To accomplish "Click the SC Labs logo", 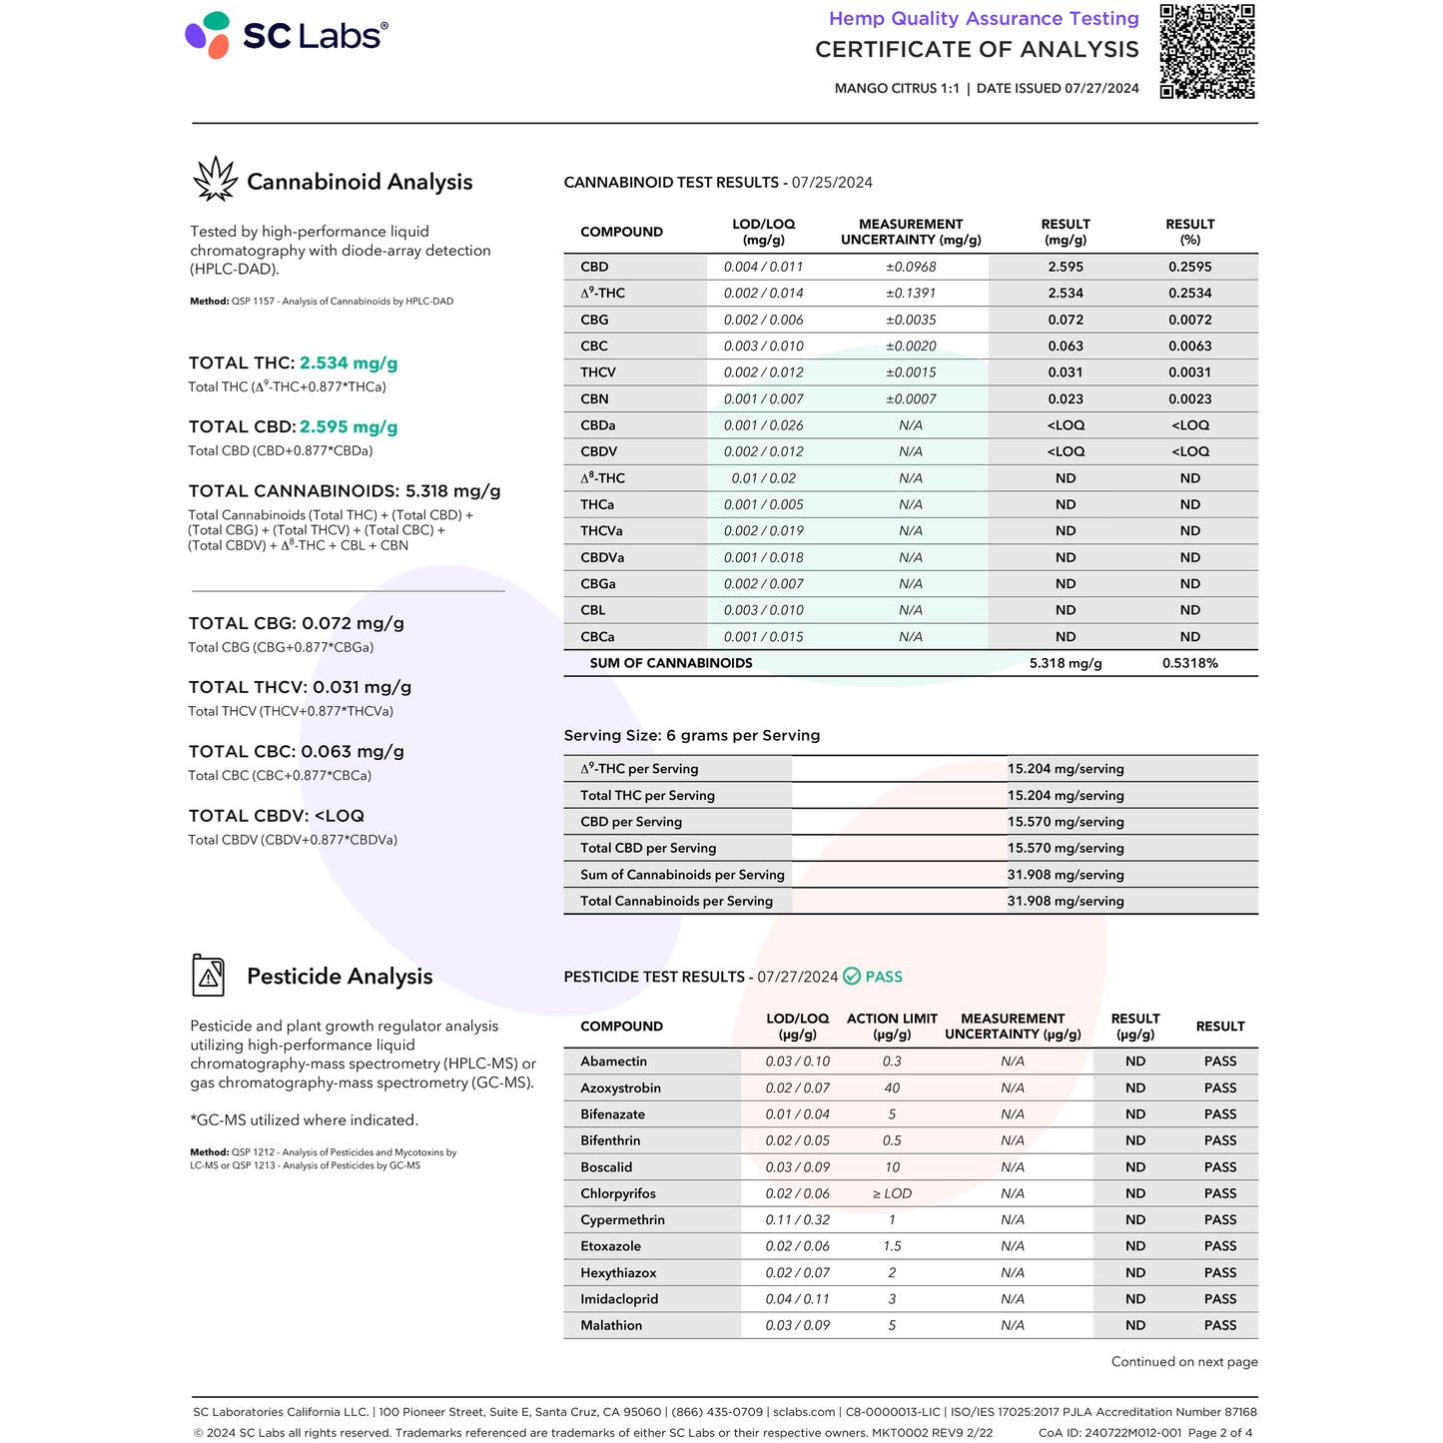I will [x=287, y=35].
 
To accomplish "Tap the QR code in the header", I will [x=1206, y=51].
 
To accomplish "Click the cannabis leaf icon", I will [x=215, y=180].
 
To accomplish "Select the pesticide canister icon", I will [x=208, y=975].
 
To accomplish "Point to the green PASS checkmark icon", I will [x=852, y=977].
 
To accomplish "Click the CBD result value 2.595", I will [x=1066, y=267].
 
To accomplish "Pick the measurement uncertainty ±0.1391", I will [x=911, y=294].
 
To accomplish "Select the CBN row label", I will [x=594, y=398].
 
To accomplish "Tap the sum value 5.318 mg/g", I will [x=1066, y=663].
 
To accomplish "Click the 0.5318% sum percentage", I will [x=1189, y=663].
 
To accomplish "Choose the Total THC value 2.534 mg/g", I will [x=349, y=363].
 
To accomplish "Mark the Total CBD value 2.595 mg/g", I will [x=349, y=427].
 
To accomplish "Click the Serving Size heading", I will [x=692, y=736].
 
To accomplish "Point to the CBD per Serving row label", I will [x=631, y=822].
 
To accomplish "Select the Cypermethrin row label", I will [x=622, y=1220].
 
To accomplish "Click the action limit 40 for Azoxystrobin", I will [x=892, y=1088].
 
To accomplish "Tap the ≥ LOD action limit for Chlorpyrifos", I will [x=892, y=1194].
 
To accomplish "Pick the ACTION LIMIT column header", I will [x=892, y=1026].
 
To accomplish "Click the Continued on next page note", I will [x=1184, y=1362].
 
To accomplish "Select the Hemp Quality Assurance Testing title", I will [x=984, y=19].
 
